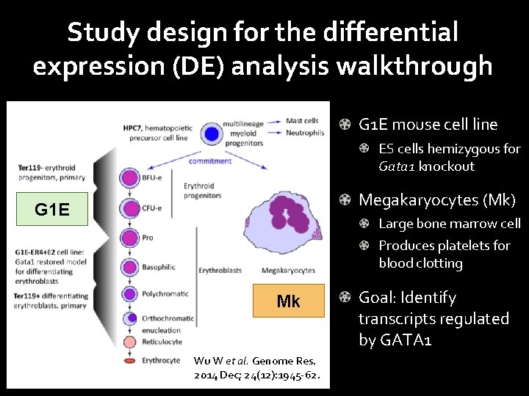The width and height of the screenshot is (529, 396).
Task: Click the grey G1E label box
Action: click(53, 210)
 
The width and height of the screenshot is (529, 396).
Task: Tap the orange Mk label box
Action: click(288, 301)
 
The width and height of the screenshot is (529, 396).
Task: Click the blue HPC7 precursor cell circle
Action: click(212, 134)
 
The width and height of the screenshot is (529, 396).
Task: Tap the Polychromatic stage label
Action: click(167, 294)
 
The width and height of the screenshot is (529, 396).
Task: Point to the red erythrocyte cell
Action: click(129, 361)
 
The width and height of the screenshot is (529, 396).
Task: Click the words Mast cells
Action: click(302, 121)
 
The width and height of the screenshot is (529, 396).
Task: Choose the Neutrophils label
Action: click(305, 133)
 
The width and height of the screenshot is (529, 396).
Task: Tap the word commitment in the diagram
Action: click(209, 161)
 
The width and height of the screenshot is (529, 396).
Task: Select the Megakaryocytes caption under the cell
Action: click(288, 271)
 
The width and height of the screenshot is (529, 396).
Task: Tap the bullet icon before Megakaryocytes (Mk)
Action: click(345, 199)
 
